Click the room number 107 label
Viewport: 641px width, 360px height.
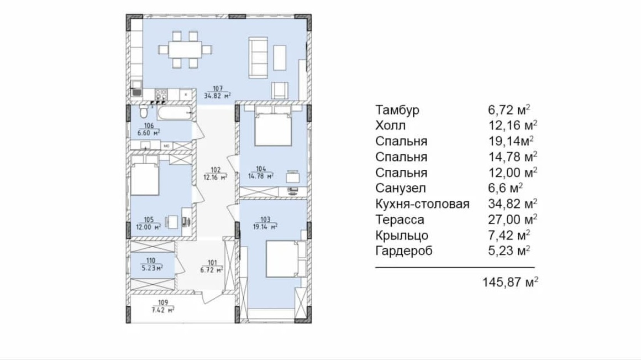[218, 88]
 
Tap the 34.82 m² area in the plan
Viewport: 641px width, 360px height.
[218, 96]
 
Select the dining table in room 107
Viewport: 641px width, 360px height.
[185, 50]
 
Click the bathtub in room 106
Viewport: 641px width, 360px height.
[175, 112]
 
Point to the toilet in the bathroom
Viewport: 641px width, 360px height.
[144, 111]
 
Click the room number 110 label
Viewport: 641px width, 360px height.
[150, 260]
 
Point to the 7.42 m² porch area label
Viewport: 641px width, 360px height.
[163, 310]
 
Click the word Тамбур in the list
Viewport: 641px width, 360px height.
[397, 110]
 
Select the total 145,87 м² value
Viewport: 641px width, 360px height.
[510, 282]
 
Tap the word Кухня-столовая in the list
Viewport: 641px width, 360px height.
[422, 204]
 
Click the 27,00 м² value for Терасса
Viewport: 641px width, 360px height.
[513, 220]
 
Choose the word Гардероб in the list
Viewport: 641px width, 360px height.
[404, 251]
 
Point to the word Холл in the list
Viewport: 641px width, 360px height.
[391, 125]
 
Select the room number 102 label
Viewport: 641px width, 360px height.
[216, 170]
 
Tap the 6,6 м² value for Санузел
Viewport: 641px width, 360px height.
[506, 188]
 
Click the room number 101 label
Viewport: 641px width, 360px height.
[212, 263]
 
